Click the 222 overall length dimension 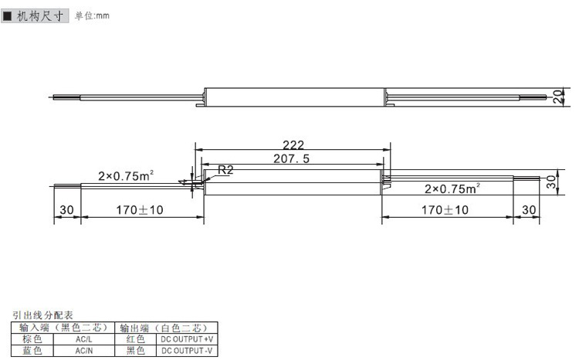(x=293, y=144)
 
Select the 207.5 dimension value (x=291, y=158)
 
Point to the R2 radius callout (x=225, y=170)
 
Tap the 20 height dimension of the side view (x=558, y=97)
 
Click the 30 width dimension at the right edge (x=551, y=182)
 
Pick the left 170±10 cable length (x=140, y=210)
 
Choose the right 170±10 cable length (x=445, y=210)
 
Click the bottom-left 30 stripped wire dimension (x=67, y=210)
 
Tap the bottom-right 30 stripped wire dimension (x=529, y=210)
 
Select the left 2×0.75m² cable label (x=126, y=175)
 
